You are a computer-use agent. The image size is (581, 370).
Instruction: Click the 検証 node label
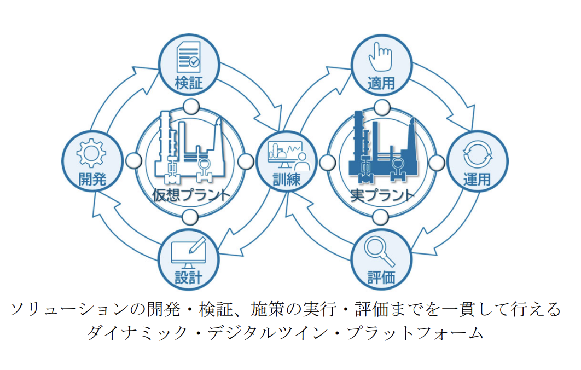pos(189,83)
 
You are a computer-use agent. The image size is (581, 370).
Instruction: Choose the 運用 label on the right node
pos(477,179)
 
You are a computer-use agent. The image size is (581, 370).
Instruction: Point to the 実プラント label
pos(382,195)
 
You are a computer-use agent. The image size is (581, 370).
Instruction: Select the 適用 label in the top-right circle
pos(381,83)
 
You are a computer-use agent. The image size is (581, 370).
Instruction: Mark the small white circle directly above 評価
pos(382,217)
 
